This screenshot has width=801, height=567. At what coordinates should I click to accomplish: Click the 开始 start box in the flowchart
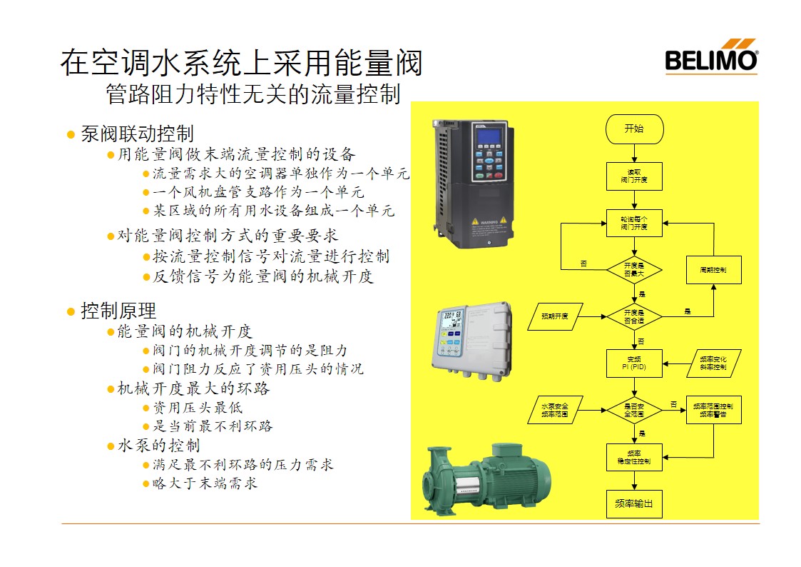[x=634, y=129]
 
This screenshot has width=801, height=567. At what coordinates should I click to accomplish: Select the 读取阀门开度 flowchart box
[x=634, y=176]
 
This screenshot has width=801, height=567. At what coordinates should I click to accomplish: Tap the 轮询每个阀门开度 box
[x=634, y=223]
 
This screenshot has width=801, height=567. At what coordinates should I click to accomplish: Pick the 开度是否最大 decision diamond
[x=634, y=269]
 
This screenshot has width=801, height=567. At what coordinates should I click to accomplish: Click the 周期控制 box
[x=713, y=270]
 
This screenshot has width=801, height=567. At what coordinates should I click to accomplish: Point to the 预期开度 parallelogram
[x=556, y=316]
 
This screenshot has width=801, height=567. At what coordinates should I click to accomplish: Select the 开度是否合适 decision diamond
[x=634, y=316]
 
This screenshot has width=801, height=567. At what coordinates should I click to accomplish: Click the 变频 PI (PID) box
[x=634, y=363]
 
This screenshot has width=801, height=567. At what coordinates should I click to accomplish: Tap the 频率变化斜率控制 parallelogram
[x=713, y=363]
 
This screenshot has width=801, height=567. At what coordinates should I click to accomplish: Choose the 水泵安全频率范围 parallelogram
[x=556, y=410]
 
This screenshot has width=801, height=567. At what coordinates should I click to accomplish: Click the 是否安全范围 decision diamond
[x=634, y=410]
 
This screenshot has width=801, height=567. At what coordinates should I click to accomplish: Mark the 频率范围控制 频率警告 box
[x=713, y=410]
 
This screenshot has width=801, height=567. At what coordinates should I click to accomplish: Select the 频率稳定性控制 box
[x=634, y=457]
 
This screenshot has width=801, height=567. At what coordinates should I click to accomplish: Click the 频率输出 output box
[x=634, y=503]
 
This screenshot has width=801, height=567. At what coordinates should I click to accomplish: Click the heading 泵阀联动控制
[x=136, y=134]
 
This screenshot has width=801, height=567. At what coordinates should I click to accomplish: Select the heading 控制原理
[x=118, y=311]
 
